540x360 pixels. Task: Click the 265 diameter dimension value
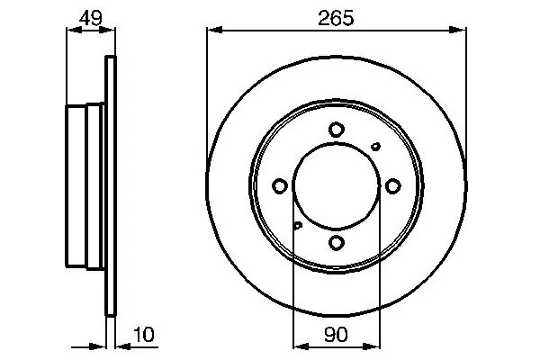pyautogui.click(x=336, y=18)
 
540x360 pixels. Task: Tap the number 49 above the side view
pyautogui.click(x=91, y=18)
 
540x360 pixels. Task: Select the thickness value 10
pyautogui.click(x=144, y=335)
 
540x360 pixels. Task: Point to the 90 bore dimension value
pyautogui.click(x=336, y=335)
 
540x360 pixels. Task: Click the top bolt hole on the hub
pyautogui.click(x=336, y=130)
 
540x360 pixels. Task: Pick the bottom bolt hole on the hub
pyautogui.click(x=336, y=242)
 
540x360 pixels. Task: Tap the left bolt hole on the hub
pyautogui.click(x=280, y=186)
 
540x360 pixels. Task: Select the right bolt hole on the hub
pyautogui.click(x=392, y=186)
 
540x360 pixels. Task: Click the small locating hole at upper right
pyautogui.click(x=375, y=147)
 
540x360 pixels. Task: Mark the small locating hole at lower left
pyautogui.click(x=298, y=225)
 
